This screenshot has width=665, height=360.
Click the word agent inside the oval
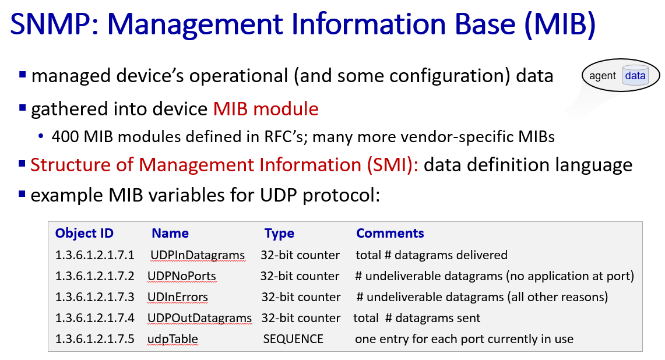pyautogui.click(x=602, y=76)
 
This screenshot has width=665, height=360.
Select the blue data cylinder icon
pyautogui.click(x=635, y=76)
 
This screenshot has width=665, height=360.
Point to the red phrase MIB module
pyautogui.click(x=266, y=109)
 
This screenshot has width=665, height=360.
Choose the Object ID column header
pyautogui.click(x=85, y=233)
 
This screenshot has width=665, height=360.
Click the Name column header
pyautogui.click(x=170, y=233)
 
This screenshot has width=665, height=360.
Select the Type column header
pyautogui.click(x=279, y=234)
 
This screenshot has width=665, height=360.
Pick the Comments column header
pyautogui.click(x=390, y=233)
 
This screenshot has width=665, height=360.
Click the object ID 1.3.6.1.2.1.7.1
pyautogui.click(x=94, y=255)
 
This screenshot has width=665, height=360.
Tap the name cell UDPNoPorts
pyautogui.click(x=181, y=277)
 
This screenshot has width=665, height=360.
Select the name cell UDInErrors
pyautogui.click(x=178, y=297)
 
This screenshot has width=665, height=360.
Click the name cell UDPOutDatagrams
pyautogui.click(x=199, y=319)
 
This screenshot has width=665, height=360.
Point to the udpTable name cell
pyautogui.click(x=173, y=339)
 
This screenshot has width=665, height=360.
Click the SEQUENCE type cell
pyautogui.click(x=293, y=339)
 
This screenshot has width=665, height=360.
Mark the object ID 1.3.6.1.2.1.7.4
pyautogui.click(x=94, y=319)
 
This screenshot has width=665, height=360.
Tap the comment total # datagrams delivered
pyautogui.click(x=431, y=255)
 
